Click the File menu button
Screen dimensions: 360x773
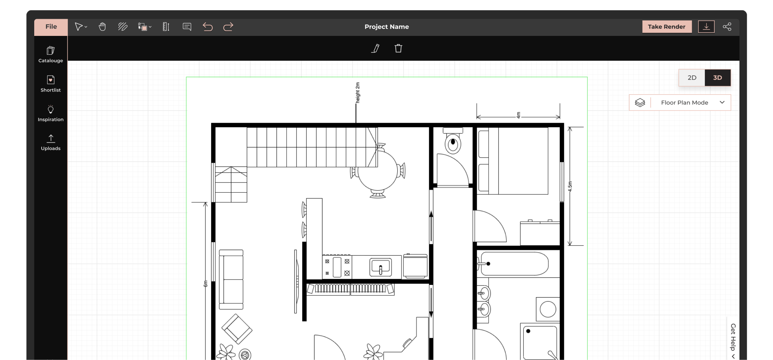(51, 27)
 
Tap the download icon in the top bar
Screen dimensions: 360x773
(706, 27)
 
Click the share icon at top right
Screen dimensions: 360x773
(727, 27)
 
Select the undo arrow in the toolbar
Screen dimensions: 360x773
(208, 27)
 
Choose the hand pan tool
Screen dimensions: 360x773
(102, 27)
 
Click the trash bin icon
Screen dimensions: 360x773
(398, 49)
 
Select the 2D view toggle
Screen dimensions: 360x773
(692, 78)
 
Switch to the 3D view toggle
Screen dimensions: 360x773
(717, 78)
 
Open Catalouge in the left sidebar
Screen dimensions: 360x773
(51, 54)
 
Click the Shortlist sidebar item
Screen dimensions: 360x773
(51, 84)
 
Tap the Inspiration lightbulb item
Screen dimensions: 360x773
(51, 113)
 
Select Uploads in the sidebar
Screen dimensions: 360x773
(51, 142)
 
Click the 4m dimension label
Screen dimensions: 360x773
(518, 115)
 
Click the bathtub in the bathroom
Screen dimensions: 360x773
(514, 264)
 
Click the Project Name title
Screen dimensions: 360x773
(386, 27)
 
